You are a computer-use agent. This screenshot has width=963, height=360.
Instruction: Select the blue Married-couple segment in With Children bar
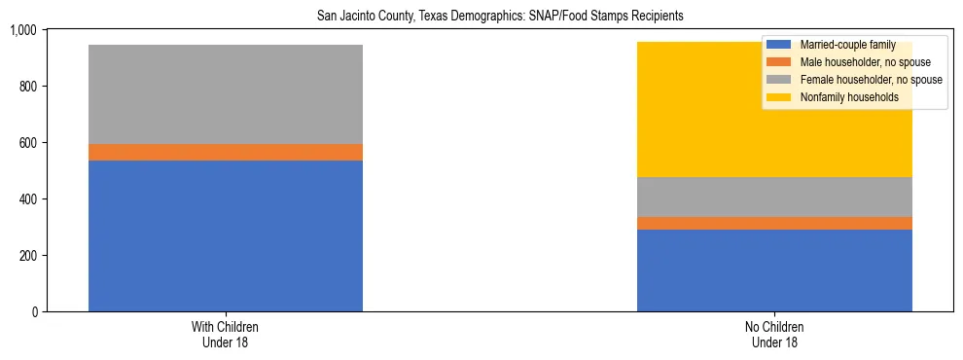coord(226,235)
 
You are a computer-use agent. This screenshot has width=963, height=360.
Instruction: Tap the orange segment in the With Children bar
coord(226,152)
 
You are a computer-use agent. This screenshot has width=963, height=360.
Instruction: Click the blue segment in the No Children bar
coord(774,270)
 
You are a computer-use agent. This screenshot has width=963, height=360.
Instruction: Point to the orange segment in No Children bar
coord(774,223)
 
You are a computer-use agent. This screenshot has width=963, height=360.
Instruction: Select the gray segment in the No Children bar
coord(774,197)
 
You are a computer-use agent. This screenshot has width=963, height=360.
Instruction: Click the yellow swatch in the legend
coord(780,97)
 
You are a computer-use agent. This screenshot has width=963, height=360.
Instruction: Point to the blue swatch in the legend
coord(780,45)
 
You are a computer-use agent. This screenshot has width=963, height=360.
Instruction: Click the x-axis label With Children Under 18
coord(226,335)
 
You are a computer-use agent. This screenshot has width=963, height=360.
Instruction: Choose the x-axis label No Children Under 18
coord(774,335)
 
